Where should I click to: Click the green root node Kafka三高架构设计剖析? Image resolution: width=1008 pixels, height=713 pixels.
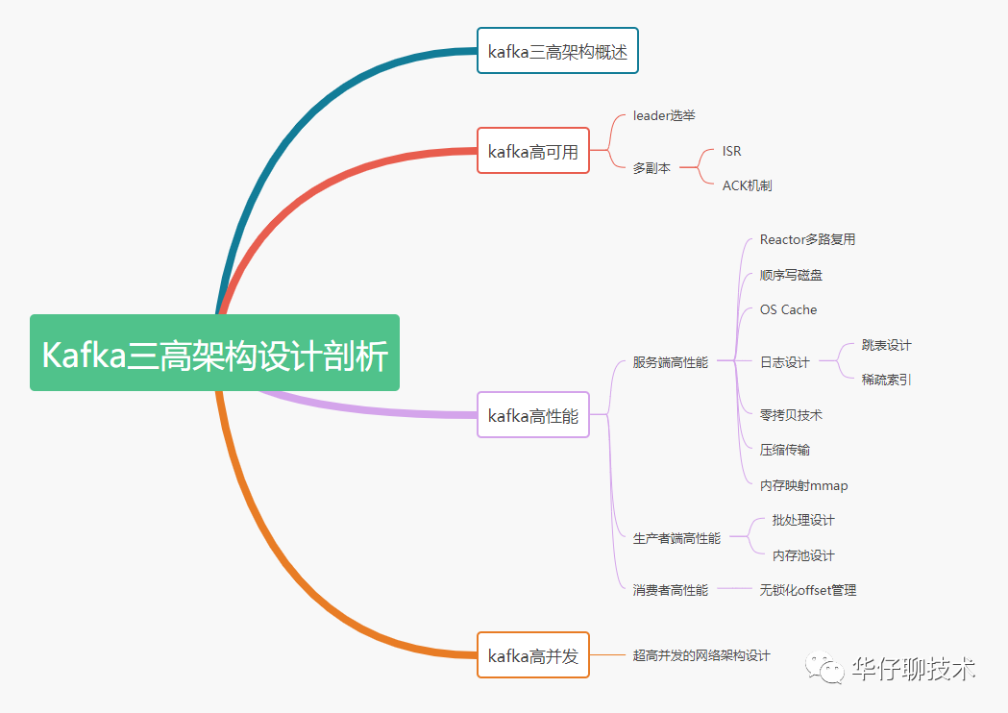(x=214, y=353)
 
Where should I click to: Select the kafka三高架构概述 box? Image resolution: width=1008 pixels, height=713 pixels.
(x=557, y=51)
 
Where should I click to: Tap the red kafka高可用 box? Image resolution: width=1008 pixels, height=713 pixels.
(x=533, y=150)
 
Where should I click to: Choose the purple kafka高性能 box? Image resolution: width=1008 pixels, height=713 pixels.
(x=533, y=415)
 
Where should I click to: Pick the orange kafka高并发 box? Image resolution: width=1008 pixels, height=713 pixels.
(x=533, y=655)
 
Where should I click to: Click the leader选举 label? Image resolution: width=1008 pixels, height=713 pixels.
(x=664, y=115)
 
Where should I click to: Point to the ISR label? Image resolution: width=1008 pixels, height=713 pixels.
(x=731, y=151)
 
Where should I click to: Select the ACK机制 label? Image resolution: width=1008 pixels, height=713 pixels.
(x=747, y=185)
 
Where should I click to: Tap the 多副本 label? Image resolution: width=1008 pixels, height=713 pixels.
(x=652, y=168)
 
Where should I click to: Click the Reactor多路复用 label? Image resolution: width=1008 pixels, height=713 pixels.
(x=807, y=239)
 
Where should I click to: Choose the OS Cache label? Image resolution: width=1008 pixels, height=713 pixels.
(x=788, y=309)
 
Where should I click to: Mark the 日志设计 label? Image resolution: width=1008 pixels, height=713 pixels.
(x=784, y=362)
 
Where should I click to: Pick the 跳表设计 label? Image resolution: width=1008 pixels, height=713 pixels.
(x=886, y=345)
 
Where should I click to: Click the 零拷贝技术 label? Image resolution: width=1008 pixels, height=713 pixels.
(x=791, y=415)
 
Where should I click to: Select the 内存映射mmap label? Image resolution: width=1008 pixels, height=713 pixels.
(x=803, y=485)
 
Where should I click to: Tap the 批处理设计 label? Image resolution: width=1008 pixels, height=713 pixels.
(x=803, y=520)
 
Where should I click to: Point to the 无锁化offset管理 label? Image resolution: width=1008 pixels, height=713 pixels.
(x=807, y=590)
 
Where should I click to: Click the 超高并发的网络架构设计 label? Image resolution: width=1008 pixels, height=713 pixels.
(x=701, y=655)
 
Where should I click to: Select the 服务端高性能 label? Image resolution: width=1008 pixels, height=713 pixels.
(x=670, y=362)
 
